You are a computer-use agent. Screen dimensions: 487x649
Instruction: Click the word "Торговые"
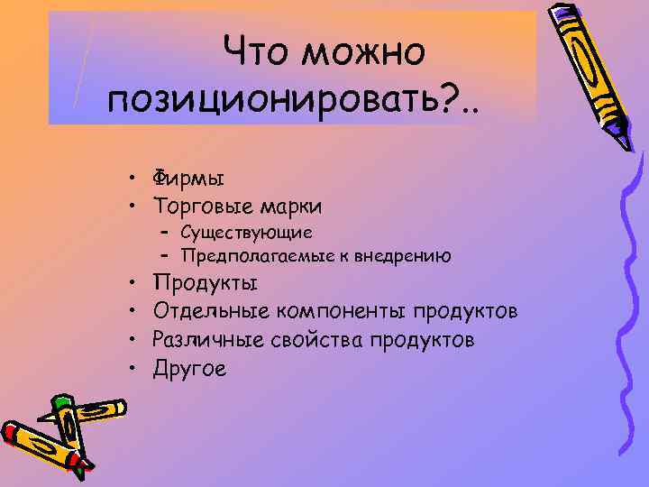203,207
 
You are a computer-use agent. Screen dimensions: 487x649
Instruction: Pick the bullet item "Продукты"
205,283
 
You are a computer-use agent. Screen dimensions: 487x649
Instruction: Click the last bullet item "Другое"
189,368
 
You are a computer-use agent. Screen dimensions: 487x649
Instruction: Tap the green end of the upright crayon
62,402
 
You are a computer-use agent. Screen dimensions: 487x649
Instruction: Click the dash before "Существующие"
167,233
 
